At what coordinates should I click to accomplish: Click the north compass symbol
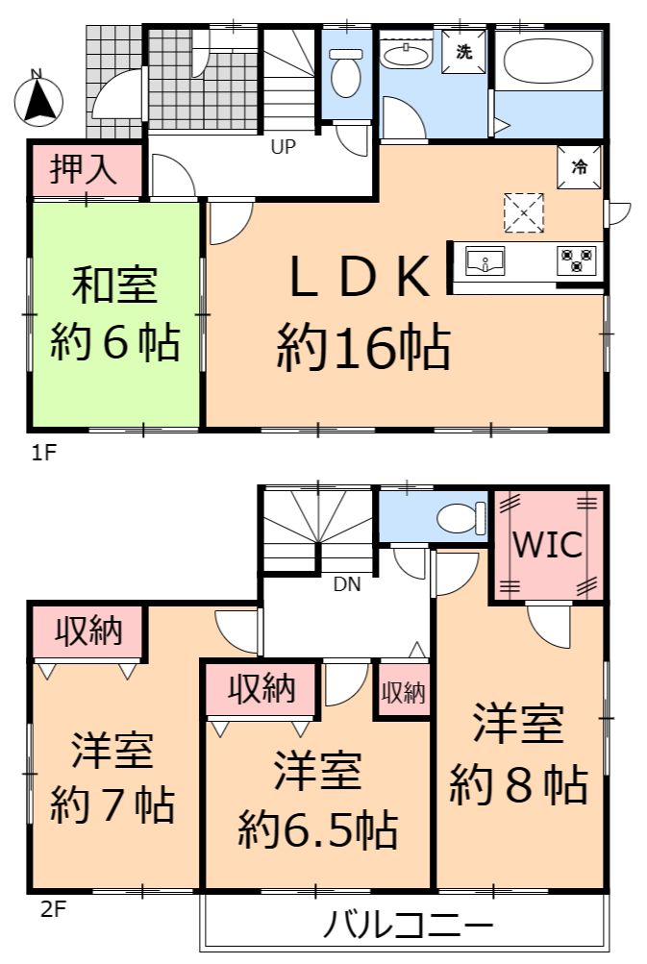[x=38, y=100]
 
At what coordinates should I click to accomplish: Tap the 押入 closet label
[x=84, y=168]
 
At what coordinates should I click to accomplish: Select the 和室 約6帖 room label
[x=115, y=313]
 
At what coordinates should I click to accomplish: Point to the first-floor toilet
[x=346, y=73]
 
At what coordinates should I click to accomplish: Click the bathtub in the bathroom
[x=548, y=62]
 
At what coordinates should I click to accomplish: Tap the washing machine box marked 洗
[x=463, y=52]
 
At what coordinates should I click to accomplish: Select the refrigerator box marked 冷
[x=579, y=166]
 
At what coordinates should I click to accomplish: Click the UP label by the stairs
[x=284, y=147]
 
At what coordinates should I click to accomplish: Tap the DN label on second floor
[x=347, y=584]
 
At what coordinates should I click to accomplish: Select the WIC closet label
[x=547, y=545]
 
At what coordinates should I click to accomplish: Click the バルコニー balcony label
[x=409, y=924]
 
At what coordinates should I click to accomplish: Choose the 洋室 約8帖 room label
[x=518, y=755]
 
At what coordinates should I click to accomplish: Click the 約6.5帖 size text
[x=318, y=830]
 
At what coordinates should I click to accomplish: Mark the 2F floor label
[x=53, y=908]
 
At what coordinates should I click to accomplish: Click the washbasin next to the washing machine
[x=406, y=56]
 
